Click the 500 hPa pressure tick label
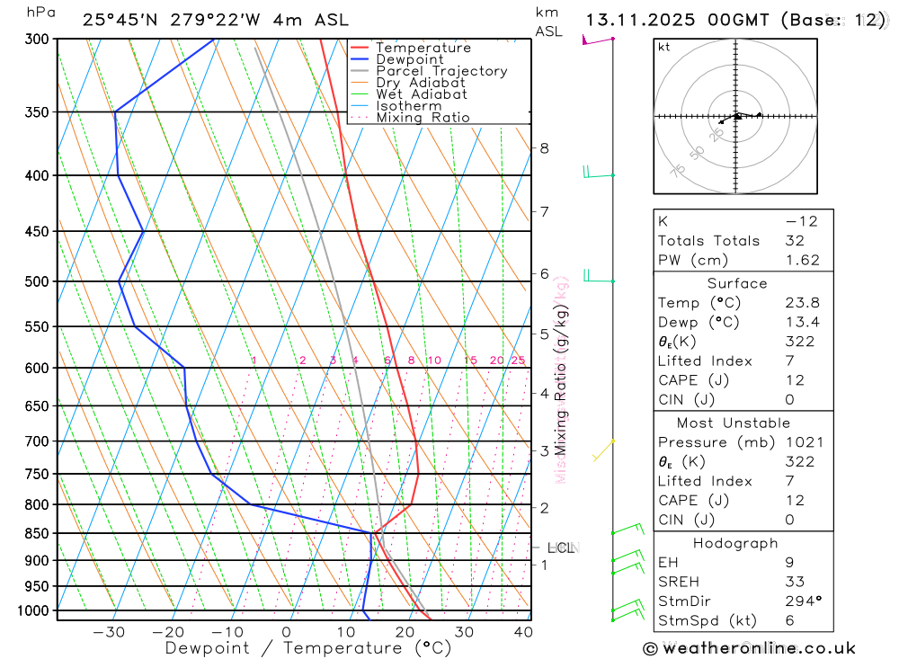click(x=37, y=281)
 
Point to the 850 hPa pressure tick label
click(x=37, y=534)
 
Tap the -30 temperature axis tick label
click(x=109, y=632)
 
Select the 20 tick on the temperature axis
click(x=405, y=632)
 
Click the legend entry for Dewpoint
click(x=410, y=59)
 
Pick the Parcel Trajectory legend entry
click(x=441, y=71)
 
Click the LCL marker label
click(x=561, y=548)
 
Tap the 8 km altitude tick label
click(x=544, y=148)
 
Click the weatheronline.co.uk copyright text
click(x=749, y=648)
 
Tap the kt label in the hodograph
click(x=663, y=47)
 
